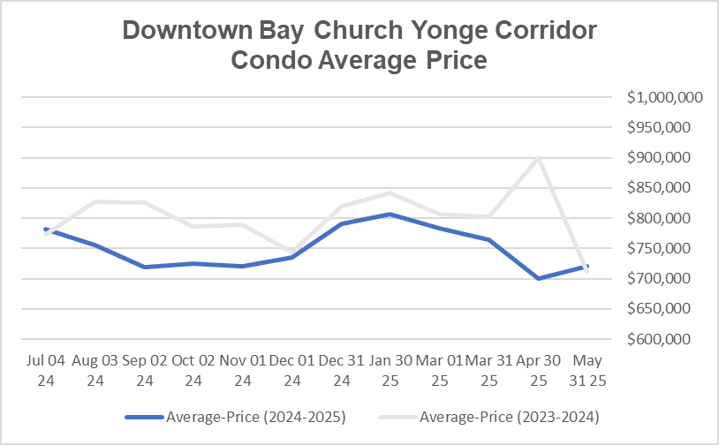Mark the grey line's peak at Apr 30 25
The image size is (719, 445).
(538, 158)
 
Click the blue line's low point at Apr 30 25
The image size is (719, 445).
(538, 278)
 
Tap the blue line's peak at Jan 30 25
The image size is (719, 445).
(390, 215)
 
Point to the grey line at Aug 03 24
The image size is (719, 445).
(94, 202)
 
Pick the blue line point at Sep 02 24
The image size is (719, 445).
(143, 267)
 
